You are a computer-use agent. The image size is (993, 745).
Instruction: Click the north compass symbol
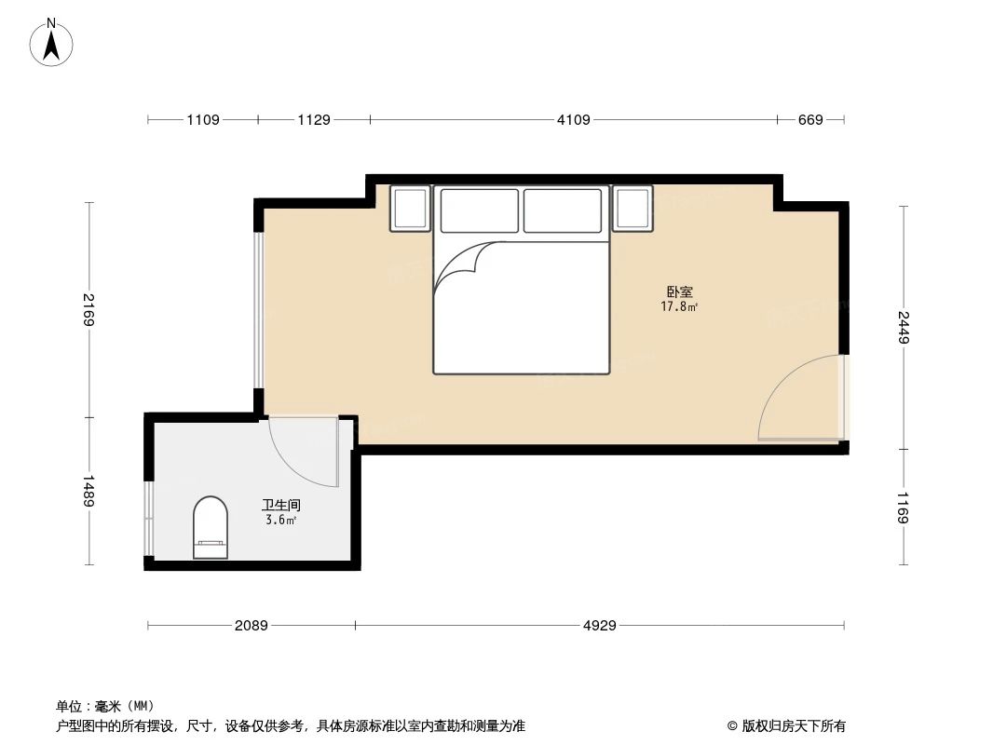[x=52, y=42]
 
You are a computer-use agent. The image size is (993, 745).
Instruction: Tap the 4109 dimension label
[x=574, y=119]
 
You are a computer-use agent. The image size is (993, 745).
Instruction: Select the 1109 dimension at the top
[x=203, y=119]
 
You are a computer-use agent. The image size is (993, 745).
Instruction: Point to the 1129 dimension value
[x=314, y=119]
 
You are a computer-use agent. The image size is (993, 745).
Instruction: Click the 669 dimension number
[x=810, y=119]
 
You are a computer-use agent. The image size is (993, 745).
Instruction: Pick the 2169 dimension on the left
[x=88, y=310]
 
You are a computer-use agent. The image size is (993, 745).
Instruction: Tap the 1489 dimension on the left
[x=88, y=491]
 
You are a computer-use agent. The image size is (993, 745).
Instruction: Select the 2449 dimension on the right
[x=903, y=327]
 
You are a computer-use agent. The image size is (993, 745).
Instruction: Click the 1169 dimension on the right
[x=903, y=507]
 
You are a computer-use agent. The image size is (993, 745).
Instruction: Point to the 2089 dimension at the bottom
[x=251, y=626]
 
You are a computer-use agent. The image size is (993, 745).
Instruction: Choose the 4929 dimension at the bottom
[x=600, y=626]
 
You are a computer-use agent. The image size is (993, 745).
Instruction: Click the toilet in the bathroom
[x=210, y=528]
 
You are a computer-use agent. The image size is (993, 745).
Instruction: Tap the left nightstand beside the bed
[x=410, y=209]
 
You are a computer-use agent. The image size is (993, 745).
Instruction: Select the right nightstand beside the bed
[x=633, y=209]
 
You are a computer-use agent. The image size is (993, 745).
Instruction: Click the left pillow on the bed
[x=479, y=210]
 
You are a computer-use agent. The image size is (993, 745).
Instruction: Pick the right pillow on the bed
[x=563, y=210]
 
